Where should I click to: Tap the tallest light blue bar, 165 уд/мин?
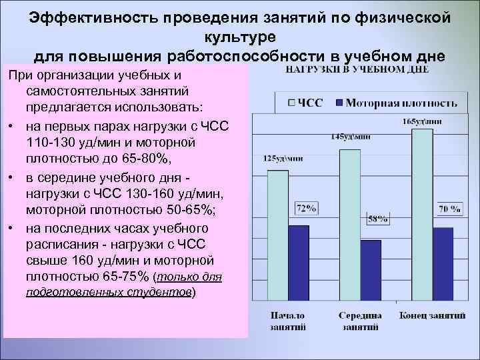click(423, 213)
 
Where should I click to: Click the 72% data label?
click(306, 209)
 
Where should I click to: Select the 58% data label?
click(377, 218)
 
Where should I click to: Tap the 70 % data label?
click(449, 208)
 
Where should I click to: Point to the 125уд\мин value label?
click(283, 159)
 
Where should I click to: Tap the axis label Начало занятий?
click(287, 321)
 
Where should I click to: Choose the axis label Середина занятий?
click(360, 321)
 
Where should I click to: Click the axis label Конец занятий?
click(431, 315)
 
